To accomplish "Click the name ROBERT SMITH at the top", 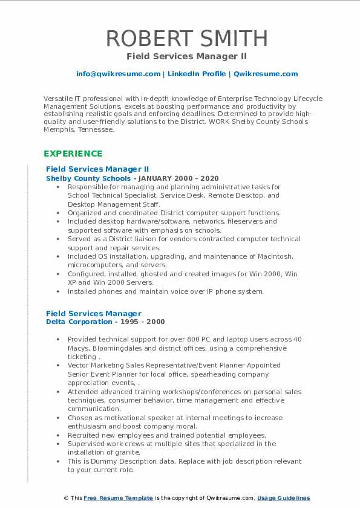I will pos(187,38).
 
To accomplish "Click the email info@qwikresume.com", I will pos(118,74).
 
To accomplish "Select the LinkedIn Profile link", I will pos(197,74).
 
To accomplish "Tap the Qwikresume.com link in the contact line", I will pos(266,74).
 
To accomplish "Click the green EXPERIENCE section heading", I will pos(73,154).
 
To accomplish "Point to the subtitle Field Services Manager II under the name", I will pos(187,56).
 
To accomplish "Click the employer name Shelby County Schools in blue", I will pos(88,179).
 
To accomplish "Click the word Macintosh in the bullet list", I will pos(275,256).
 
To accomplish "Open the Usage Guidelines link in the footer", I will pos(283,498).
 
